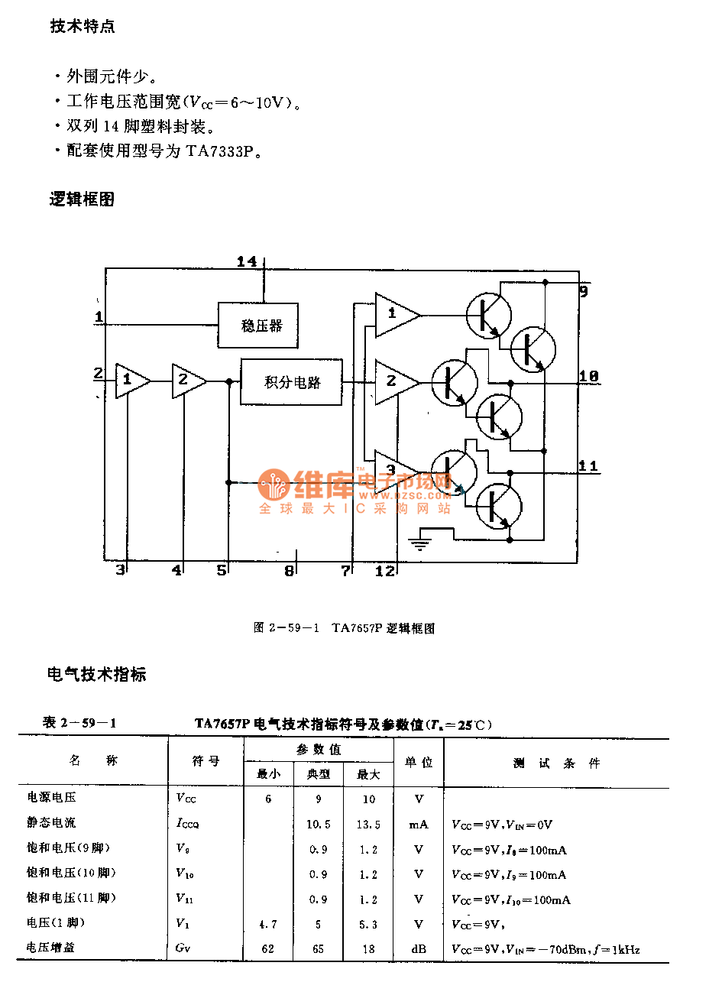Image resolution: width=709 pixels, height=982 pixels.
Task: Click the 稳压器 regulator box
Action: click(x=257, y=326)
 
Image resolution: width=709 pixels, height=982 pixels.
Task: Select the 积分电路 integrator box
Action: click(x=291, y=381)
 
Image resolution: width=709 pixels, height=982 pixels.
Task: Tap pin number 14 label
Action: click(x=247, y=262)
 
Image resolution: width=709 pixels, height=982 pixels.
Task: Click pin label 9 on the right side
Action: click(x=584, y=291)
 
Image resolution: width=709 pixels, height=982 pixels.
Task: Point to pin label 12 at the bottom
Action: click(x=385, y=570)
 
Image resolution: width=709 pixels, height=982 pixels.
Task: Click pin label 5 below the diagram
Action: click(x=222, y=570)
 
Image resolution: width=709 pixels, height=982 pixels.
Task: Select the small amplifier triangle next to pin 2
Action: click(x=131, y=381)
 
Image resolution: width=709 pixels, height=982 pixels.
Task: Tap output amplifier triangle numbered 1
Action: click(x=395, y=313)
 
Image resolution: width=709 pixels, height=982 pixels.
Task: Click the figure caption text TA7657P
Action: click(x=357, y=628)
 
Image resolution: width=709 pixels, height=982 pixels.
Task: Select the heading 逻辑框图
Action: click(x=82, y=199)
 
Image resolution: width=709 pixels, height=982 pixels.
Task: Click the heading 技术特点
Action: click(x=83, y=27)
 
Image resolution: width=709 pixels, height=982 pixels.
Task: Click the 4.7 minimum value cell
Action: click(x=268, y=924)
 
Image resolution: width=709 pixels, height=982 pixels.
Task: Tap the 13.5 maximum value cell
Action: click(x=368, y=824)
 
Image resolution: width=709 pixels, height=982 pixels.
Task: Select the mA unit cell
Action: click(x=419, y=824)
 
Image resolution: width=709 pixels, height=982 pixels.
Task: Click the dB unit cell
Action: click(x=419, y=949)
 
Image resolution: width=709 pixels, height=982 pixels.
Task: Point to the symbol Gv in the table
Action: click(x=184, y=949)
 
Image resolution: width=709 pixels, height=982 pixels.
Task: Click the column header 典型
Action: click(x=319, y=774)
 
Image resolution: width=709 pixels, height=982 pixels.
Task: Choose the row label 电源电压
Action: click(x=52, y=798)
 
